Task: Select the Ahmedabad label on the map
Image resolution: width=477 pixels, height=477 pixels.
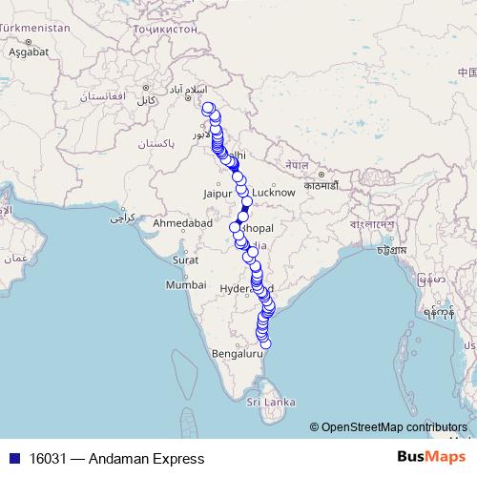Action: coord(182,222)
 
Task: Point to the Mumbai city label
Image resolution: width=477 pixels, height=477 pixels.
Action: coord(185,284)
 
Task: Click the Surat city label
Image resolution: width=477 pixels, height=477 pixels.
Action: coord(185,259)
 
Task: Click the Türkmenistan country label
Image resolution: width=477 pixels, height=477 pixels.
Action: coord(35,29)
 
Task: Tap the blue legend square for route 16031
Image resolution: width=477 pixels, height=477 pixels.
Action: coord(13,458)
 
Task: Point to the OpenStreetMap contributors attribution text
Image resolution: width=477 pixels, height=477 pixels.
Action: coord(393,426)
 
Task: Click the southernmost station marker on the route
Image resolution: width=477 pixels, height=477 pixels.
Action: coord(266,343)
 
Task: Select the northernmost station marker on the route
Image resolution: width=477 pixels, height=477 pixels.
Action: coord(207,107)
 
